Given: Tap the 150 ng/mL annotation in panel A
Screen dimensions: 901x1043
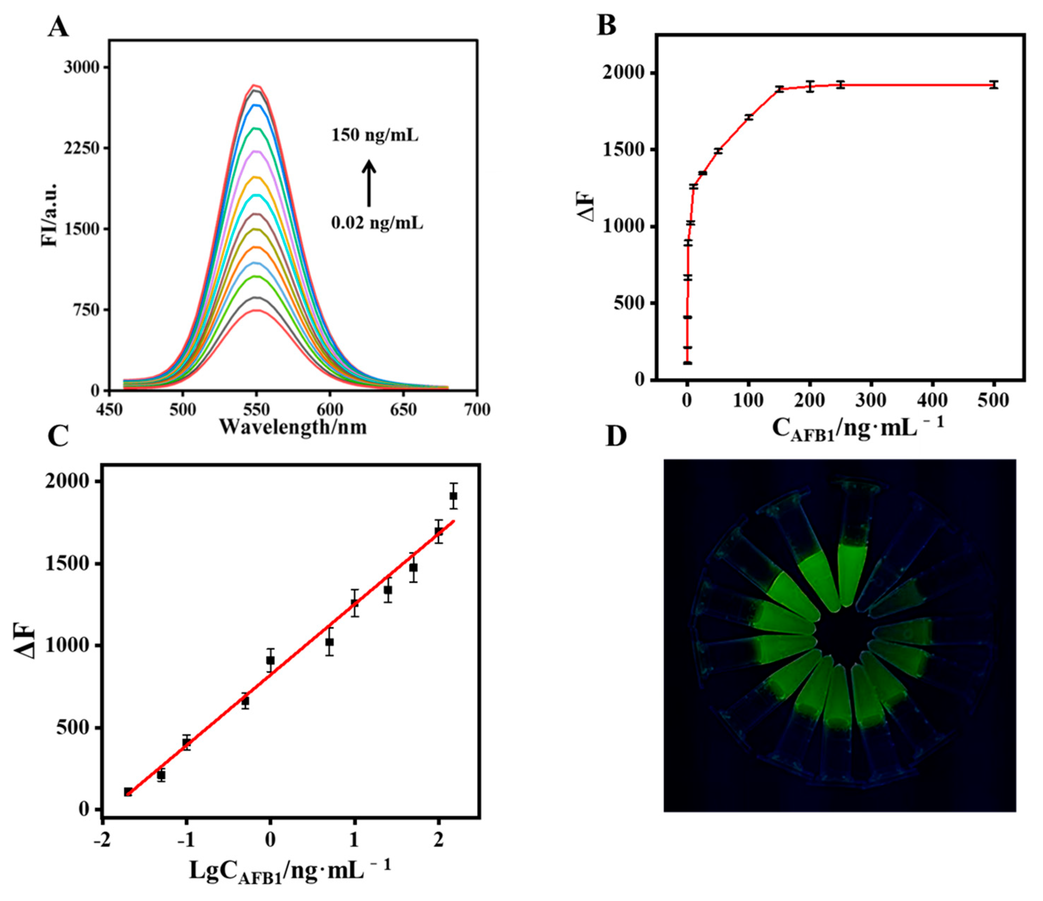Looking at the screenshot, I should tap(375, 135).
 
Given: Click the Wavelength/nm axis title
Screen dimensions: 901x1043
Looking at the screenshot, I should tap(293, 427).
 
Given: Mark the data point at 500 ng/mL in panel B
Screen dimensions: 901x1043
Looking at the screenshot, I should tap(993, 85).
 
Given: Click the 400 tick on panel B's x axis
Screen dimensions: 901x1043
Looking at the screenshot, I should tap(932, 401).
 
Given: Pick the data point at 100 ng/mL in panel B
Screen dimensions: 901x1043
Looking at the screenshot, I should tap(749, 117).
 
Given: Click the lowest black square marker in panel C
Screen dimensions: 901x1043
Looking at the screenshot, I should tap(128, 792).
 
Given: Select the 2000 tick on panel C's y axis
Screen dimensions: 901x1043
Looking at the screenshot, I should tap(66, 481).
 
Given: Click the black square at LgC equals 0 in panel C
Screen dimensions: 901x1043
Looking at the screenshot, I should tap(270, 660).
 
